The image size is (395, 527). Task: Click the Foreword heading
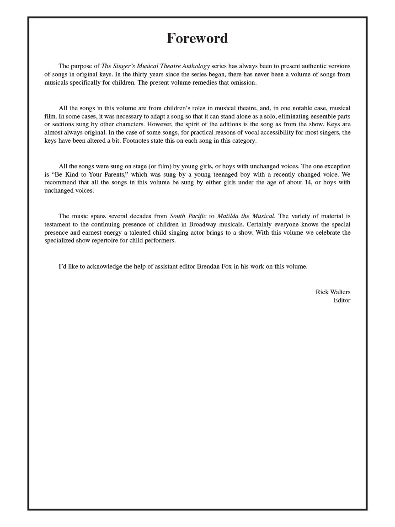click(197, 38)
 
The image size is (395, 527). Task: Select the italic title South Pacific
click(188, 216)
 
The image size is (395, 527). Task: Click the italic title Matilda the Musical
click(246, 216)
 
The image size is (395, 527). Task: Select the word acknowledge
click(104, 267)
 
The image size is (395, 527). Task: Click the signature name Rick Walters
click(333, 292)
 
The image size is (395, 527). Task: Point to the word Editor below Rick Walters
click(342, 301)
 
